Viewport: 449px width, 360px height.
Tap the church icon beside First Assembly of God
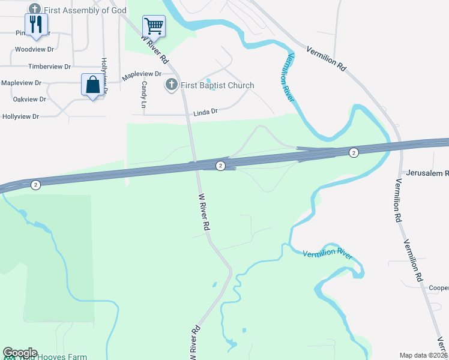(34, 10)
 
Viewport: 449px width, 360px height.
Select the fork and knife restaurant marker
(38, 24)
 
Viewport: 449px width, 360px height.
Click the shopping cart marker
(154, 26)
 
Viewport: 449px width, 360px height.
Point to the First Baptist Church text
(217, 85)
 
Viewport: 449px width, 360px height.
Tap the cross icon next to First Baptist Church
(172, 85)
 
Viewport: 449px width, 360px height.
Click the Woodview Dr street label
(34, 50)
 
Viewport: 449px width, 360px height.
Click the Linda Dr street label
(205, 112)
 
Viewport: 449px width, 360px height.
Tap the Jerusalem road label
(427, 173)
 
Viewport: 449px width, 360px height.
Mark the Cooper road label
(438, 287)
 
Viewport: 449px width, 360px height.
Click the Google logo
(20, 353)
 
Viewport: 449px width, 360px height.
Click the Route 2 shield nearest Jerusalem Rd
(354, 153)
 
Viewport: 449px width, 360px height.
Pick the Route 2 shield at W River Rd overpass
(220, 166)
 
